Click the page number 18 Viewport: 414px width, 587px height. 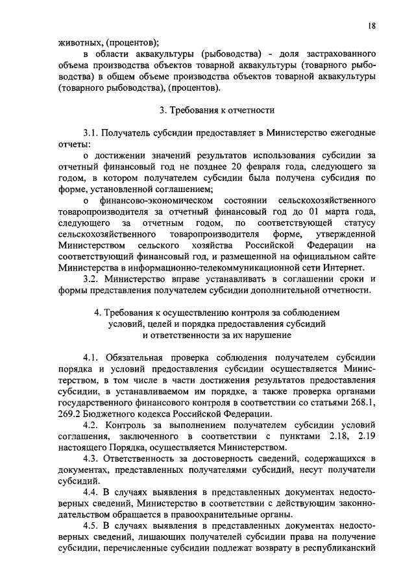(371, 25)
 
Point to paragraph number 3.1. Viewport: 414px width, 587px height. (93, 133)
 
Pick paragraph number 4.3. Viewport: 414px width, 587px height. (93, 458)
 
